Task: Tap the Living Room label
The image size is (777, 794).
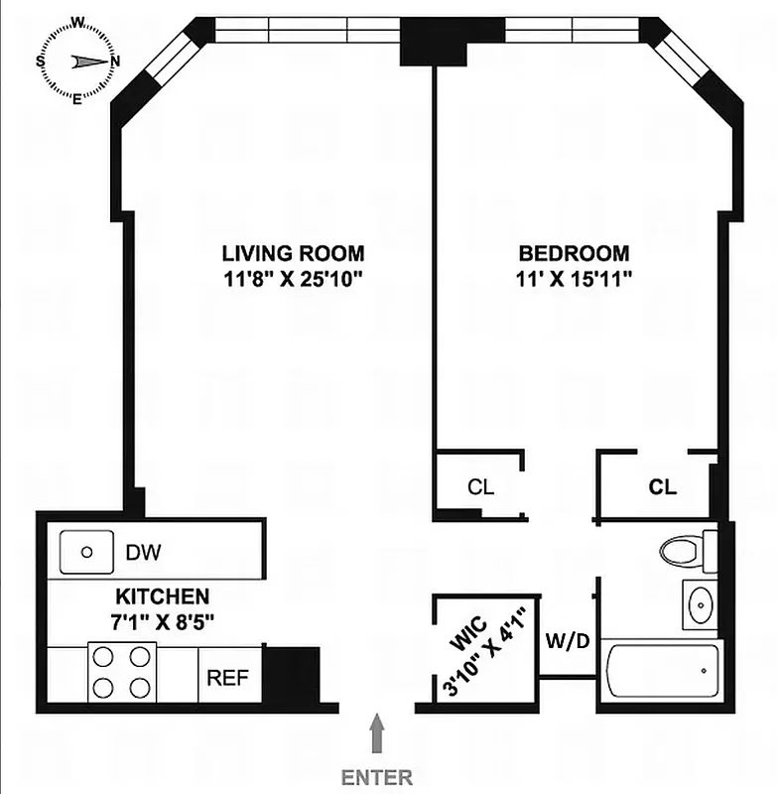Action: [x=293, y=253]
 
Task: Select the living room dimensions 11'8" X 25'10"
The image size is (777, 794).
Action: [x=295, y=279]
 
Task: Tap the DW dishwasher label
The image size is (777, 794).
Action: [x=143, y=552]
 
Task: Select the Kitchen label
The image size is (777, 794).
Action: [x=163, y=597]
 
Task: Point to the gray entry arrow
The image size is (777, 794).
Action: [x=377, y=736]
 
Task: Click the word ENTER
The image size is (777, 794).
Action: [x=377, y=777]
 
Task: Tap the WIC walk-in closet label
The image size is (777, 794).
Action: [x=463, y=635]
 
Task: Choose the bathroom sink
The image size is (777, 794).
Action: [x=702, y=603]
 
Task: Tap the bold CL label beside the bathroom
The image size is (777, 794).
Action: [x=662, y=487]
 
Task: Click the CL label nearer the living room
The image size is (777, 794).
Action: [x=480, y=487]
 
